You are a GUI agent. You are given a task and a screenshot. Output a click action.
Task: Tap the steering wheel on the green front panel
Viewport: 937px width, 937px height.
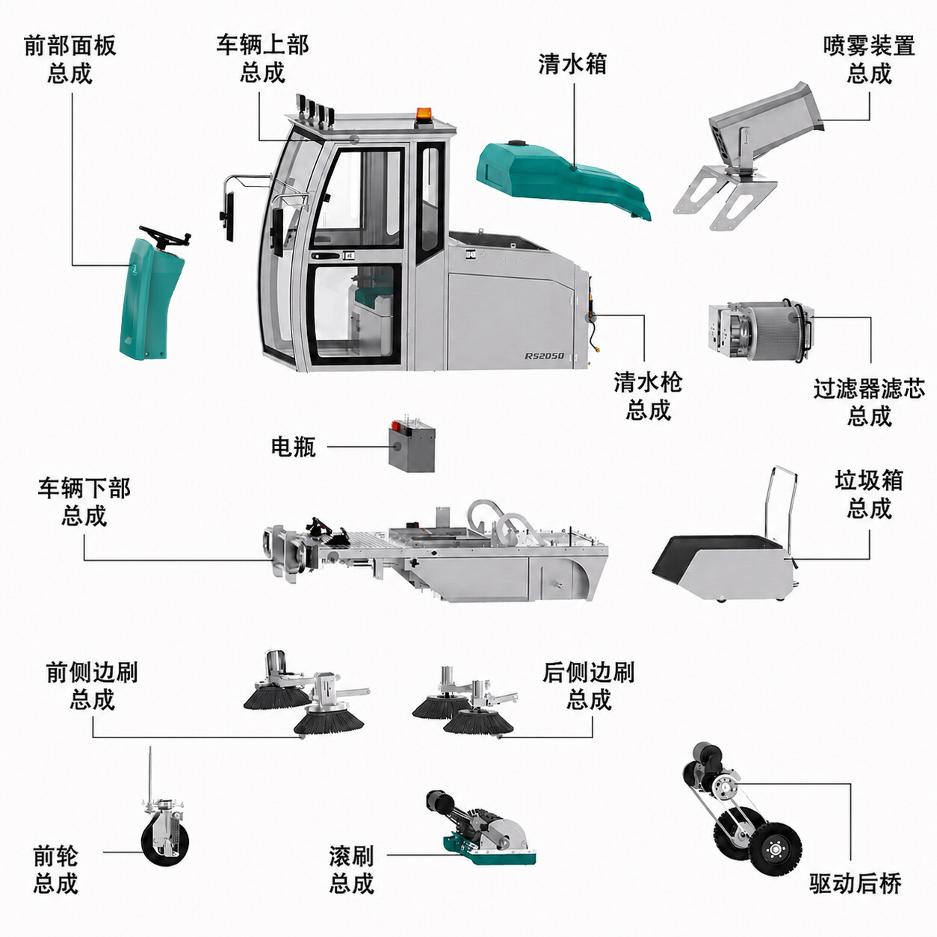pyautogui.click(x=165, y=236)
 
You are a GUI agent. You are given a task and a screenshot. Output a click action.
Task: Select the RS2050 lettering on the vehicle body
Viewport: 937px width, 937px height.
pyautogui.click(x=545, y=356)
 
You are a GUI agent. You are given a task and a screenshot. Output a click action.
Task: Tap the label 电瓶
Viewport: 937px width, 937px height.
pyautogui.click(x=293, y=446)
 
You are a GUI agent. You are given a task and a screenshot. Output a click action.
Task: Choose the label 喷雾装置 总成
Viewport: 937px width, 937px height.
pyautogui.click(x=869, y=60)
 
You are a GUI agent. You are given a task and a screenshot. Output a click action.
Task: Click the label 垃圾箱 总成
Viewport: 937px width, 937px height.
pyautogui.click(x=868, y=495)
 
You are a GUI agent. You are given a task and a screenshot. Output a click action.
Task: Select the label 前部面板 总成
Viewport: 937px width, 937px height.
pyautogui.click(x=70, y=59)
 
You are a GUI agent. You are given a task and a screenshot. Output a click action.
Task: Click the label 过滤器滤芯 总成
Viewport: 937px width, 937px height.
pyautogui.click(x=869, y=403)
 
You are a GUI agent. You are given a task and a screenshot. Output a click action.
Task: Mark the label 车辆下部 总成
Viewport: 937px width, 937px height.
pyautogui.click(x=84, y=502)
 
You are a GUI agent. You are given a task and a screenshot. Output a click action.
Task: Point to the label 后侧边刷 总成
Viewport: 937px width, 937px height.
pyautogui.click(x=588, y=687)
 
